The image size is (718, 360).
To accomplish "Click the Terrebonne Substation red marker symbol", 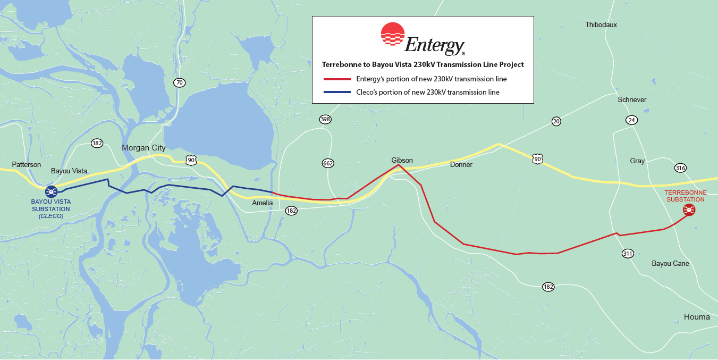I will tap(689, 210).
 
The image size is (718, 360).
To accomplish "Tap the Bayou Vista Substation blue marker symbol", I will tap(51, 191).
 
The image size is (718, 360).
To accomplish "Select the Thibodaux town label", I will tap(601, 25).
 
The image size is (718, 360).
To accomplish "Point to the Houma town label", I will tap(697, 317).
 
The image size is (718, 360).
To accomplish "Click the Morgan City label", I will tap(143, 148).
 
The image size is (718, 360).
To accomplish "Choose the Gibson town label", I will tap(402, 160).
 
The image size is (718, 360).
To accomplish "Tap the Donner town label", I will tap(461, 165).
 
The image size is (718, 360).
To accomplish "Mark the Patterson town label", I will tap(27, 165).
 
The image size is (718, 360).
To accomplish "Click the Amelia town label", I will tap(263, 203).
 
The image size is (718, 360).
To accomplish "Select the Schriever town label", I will tap(631, 100).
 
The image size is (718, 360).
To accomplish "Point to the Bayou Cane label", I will tap(670, 264).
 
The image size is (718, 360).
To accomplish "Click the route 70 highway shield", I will tap(179, 82).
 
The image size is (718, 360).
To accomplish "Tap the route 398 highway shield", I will tap(325, 119).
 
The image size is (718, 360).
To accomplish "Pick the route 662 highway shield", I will tap(328, 163).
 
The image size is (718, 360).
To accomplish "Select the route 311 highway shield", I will tap(628, 254).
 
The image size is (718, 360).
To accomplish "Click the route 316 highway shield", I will tap(680, 168).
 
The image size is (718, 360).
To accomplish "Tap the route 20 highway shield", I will tap(556, 122).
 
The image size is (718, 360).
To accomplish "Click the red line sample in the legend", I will tap(337, 79).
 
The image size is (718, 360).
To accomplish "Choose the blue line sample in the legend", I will tap(337, 93).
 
